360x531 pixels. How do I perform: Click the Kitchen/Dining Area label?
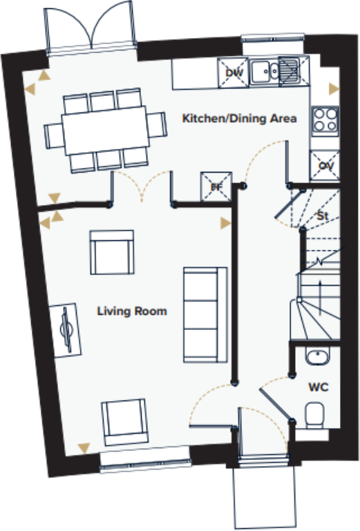(239, 119)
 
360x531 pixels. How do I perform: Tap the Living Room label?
(131, 311)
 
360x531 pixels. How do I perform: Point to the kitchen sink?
(274, 71)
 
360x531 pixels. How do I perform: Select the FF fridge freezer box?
(214, 185)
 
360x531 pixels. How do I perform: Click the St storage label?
(321, 216)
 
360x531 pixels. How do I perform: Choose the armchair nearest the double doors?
(111, 253)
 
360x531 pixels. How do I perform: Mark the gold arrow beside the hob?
(334, 88)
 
